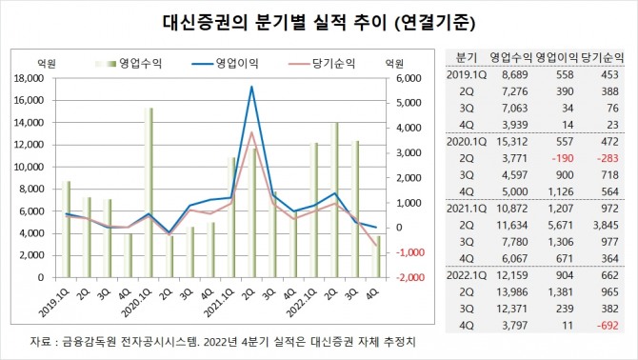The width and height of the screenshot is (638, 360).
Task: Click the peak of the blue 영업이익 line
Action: pos(251,87)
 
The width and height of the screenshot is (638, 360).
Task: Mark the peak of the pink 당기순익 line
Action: pos(251,132)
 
